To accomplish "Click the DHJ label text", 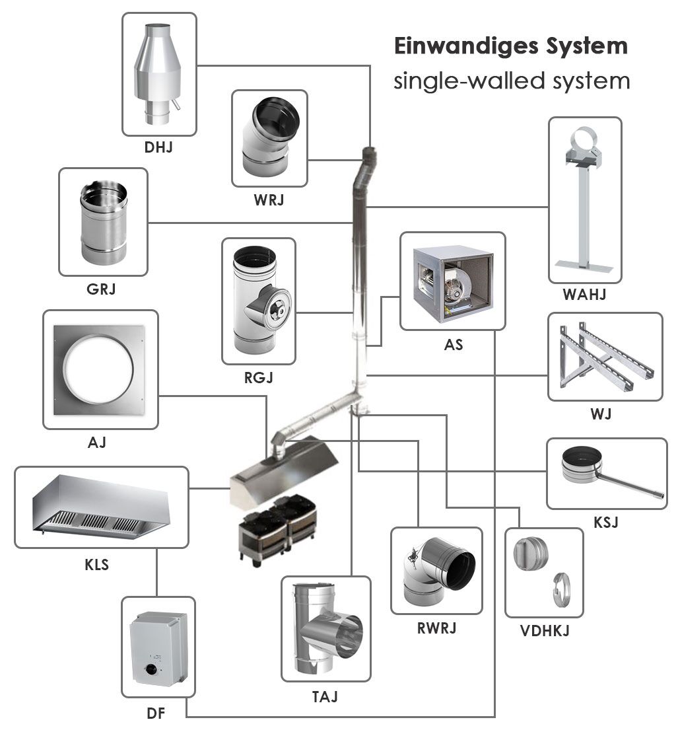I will point(158,147).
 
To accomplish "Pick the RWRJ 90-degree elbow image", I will point(437,569).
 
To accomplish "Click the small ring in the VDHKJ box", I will point(560,587).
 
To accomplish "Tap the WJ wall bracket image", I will point(605,357).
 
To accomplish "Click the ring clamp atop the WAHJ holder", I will point(584,141).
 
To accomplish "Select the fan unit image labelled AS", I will point(453,280).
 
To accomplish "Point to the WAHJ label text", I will point(584,295).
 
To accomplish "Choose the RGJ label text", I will point(258,378).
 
